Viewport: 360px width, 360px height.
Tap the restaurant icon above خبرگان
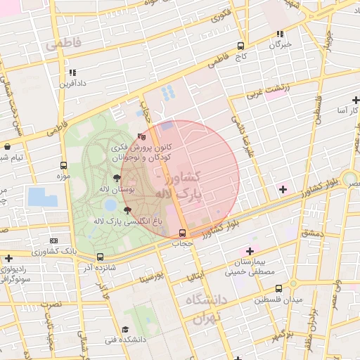(280, 33)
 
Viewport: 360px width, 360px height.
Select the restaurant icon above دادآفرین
(73, 72)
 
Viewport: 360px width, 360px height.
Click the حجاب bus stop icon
(183, 233)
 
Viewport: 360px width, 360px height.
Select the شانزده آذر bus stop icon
(100, 257)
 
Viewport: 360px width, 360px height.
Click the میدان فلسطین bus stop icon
(279, 288)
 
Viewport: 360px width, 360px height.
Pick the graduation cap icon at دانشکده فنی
(125, 329)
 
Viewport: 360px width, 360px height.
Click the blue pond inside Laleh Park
(110, 205)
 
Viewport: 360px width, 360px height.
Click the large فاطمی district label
(63, 44)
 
